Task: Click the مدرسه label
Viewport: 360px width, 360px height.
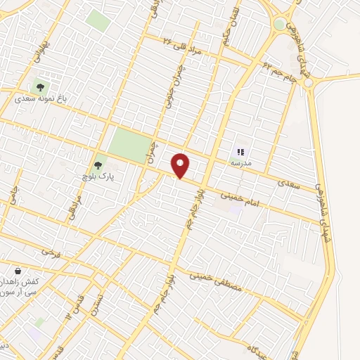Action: pos(240,162)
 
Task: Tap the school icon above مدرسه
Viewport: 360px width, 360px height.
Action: pos(240,151)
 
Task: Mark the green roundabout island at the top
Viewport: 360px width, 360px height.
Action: pos(280,25)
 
